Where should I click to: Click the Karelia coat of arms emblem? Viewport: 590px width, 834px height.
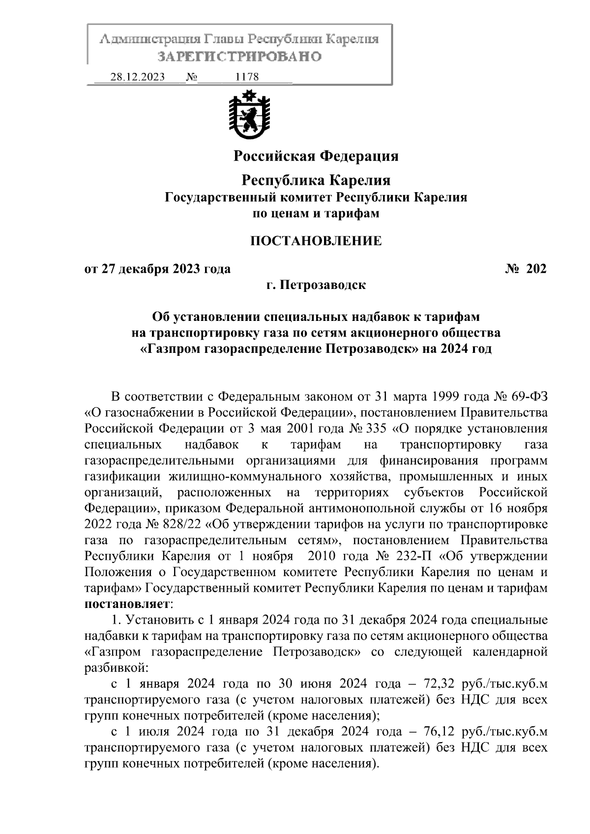[249, 114]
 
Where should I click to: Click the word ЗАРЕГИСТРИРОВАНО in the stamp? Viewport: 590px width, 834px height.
[239, 57]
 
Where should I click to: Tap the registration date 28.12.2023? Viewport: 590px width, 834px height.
[137, 77]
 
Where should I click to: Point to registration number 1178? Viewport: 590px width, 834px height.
[247, 77]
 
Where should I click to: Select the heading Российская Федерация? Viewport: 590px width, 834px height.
[315, 156]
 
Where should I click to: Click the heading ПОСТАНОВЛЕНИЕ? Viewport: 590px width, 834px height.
[316, 241]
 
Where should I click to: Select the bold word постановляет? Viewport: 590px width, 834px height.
[126, 603]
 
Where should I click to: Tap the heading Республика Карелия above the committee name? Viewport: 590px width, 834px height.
[316, 180]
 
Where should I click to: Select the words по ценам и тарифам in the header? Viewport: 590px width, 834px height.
[316, 214]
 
